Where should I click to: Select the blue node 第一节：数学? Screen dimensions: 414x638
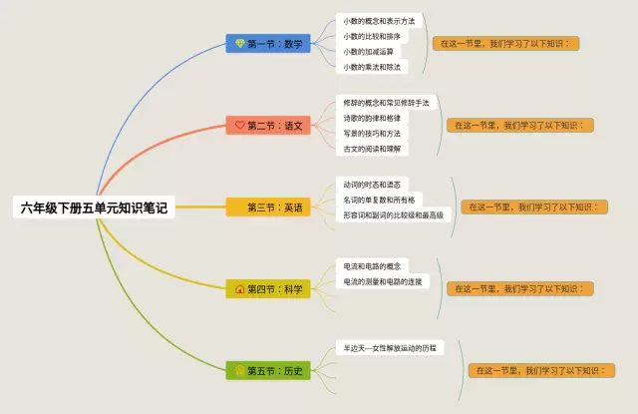click(x=269, y=44)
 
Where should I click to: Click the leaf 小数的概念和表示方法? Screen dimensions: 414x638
click(x=379, y=20)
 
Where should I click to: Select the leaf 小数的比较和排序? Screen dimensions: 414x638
click(x=372, y=36)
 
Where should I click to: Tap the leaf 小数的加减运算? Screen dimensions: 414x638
click(x=368, y=52)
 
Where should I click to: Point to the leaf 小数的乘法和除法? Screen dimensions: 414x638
click(x=372, y=68)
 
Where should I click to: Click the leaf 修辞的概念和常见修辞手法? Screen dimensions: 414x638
click(x=386, y=103)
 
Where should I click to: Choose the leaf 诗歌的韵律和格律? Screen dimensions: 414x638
click(x=372, y=118)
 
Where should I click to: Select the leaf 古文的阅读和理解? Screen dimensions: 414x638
click(x=372, y=149)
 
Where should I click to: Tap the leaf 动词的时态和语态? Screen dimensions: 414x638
click(x=372, y=185)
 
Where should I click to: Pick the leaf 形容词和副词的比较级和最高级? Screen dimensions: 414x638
click(x=393, y=214)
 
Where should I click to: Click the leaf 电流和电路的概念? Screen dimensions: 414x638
click(x=372, y=266)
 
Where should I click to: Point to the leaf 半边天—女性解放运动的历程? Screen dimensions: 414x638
click(x=389, y=348)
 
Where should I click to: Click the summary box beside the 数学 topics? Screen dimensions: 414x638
click(x=507, y=44)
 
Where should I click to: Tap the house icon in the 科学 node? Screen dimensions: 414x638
click(x=239, y=289)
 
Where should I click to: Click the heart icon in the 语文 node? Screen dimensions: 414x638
click(x=239, y=126)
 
